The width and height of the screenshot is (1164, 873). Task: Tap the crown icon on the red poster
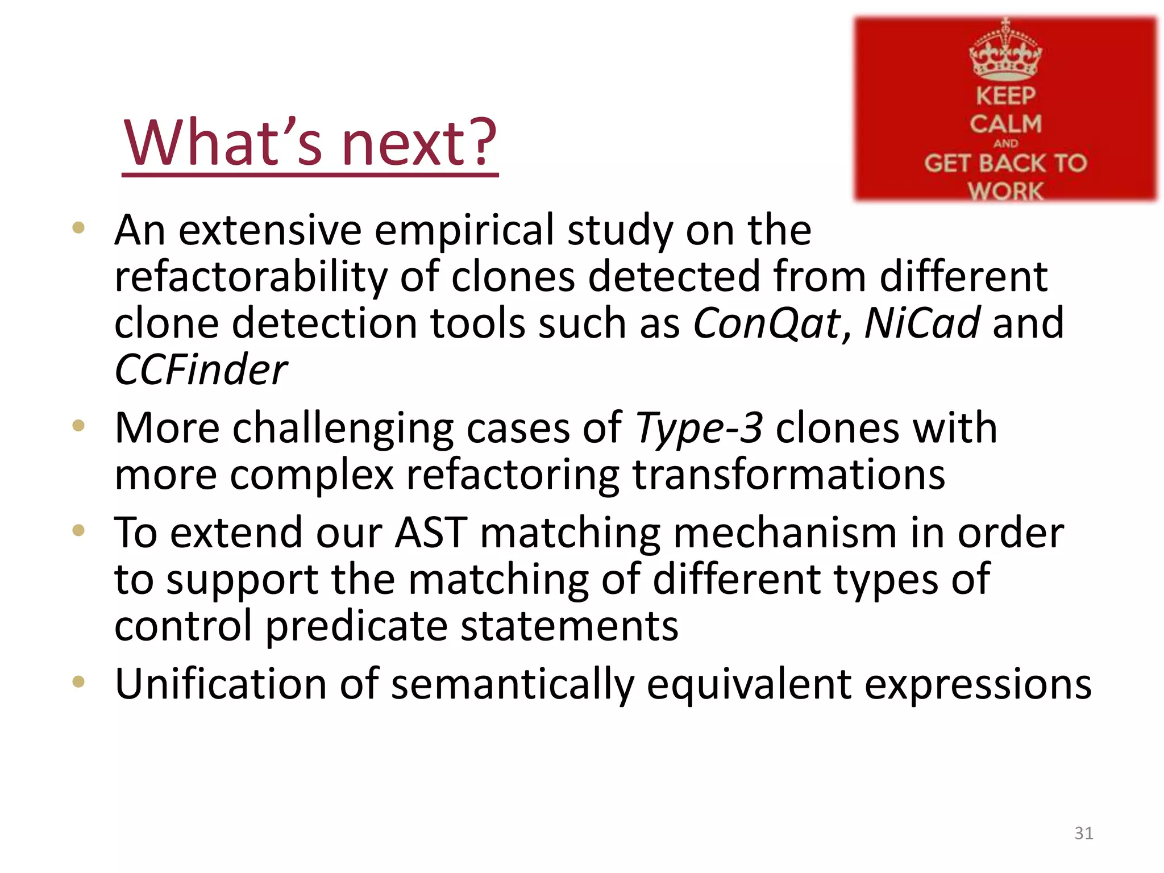1005,53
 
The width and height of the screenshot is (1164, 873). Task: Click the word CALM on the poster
1005,124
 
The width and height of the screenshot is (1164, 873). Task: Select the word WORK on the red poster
1005,191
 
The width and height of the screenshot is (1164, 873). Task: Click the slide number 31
1083,833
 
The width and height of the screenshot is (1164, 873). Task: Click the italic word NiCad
922,323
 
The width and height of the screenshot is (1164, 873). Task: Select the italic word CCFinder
201,370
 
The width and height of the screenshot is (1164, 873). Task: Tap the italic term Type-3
699,429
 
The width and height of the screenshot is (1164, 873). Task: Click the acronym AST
431,533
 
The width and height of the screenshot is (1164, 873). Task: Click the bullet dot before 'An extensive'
78,228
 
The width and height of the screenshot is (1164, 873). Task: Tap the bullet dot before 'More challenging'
78,426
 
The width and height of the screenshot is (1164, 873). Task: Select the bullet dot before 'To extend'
78,531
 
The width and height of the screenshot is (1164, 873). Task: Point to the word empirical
464,231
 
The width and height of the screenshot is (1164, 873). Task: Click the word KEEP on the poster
1005,95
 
